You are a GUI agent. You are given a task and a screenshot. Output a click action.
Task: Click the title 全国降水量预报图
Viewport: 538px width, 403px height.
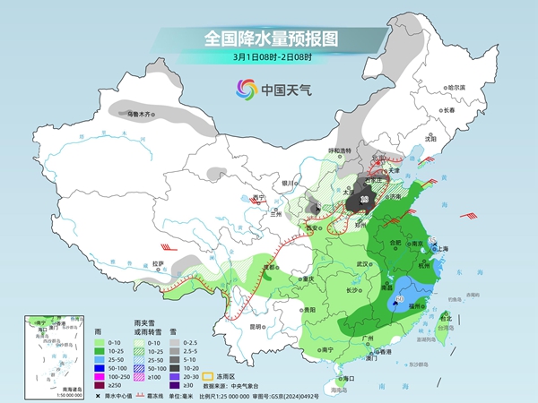tap(268, 39)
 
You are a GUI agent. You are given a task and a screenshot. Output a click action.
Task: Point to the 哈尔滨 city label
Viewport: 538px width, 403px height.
tap(456, 87)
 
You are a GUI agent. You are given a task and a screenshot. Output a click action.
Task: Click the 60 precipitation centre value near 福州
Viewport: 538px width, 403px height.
tap(399, 298)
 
